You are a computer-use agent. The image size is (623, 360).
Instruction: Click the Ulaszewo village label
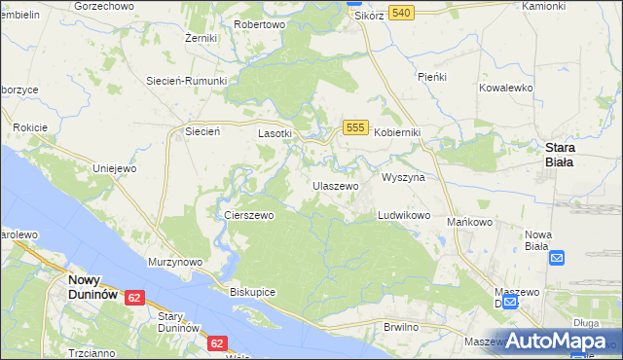pyautogui.click(x=336, y=185)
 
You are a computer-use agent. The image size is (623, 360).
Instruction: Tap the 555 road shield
pyautogui.click(x=355, y=128)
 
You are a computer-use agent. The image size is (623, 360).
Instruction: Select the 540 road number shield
pyautogui.click(x=401, y=12)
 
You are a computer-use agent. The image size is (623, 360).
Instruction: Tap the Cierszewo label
pyautogui.click(x=249, y=215)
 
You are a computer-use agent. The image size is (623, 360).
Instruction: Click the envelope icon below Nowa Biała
pyautogui.click(x=557, y=258)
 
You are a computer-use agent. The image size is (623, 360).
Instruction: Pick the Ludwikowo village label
pyautogui.click(x=404, y=215)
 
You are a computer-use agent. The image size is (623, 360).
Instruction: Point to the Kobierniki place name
pyautogui.click(x=397, y=132)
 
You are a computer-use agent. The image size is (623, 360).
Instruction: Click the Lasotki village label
pyautogui.click(x=275, y=132)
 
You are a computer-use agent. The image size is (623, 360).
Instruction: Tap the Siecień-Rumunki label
pyautogui.click(x=186, y=81)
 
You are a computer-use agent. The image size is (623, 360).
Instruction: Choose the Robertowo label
pyautogui.click(x=260, y=23)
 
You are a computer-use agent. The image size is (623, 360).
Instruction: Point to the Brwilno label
pyautogui.click(x=401, y=327)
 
